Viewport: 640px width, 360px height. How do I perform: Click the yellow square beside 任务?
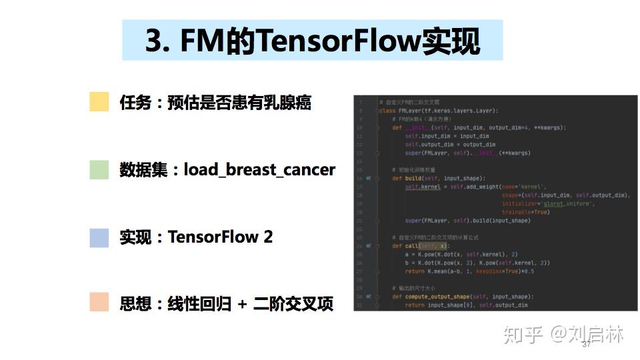click(99, 102)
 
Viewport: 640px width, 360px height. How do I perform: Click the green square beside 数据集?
click(99, 170)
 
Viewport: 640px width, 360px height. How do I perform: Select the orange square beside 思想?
click(99, 302)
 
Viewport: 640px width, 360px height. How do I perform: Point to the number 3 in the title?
click(153, 41)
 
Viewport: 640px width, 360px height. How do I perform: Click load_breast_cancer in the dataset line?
click(259, 169)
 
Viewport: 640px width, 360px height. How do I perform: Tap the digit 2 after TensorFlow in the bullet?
click(268, 237)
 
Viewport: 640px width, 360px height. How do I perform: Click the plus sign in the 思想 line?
click(242, 304)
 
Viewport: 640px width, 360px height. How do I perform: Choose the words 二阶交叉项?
click(293, 304)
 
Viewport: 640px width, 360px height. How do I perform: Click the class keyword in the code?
click(388, 111)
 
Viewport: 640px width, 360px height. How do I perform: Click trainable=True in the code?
click(525, 212)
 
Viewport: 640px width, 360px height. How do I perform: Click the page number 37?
click(587, 344)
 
